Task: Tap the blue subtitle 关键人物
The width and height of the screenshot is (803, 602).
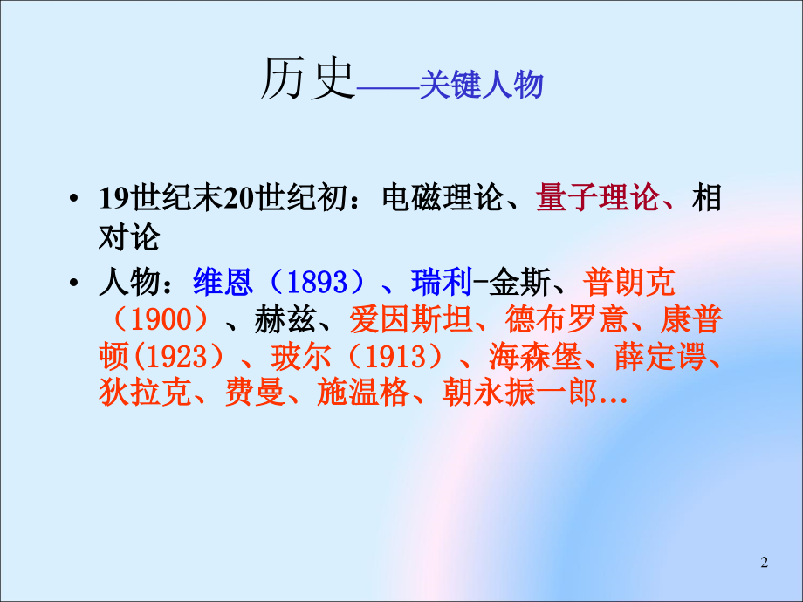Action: [x=481, y=86]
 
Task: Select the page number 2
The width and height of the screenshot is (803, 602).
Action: [x=765, y=563]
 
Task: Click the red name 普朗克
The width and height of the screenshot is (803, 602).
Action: [x=632, y=283]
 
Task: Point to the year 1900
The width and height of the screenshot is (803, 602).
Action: [x=159, y=320]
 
